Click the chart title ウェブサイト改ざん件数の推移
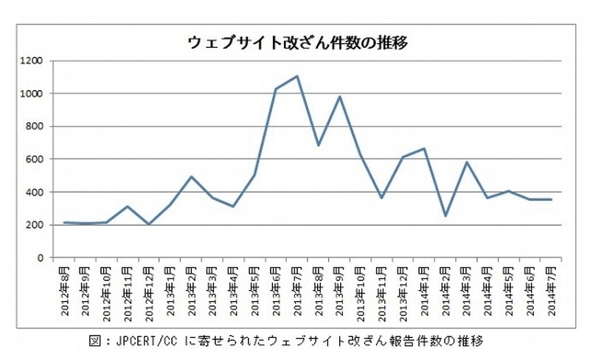pos(298,42)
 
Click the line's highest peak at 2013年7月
pos(296,76)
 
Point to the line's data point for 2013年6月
pos(274,89)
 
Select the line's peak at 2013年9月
pos(339,97)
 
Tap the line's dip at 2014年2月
pos(445,216)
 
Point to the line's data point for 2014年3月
pos(467,162)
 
